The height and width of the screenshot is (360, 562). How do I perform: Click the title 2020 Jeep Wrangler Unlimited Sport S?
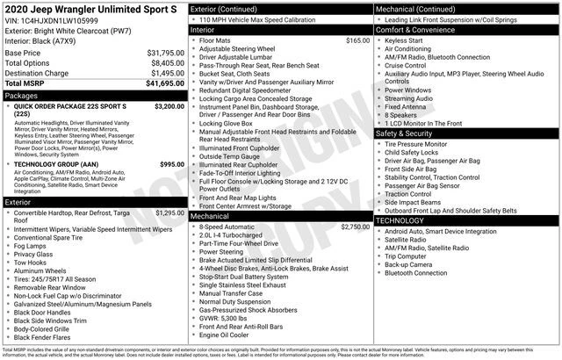[90, 8]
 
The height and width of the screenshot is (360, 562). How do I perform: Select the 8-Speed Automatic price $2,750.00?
[355, 227]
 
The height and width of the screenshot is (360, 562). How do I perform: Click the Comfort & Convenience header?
[416, 29]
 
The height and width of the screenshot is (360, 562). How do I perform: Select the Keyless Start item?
[403, 40]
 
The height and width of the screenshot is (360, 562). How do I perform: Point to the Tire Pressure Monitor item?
[417, 143]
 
